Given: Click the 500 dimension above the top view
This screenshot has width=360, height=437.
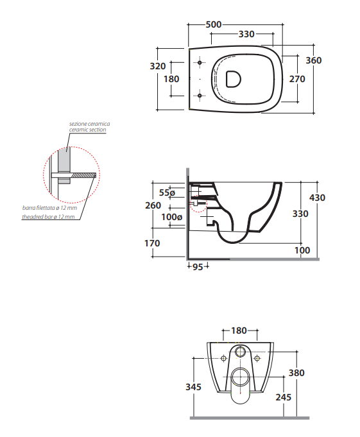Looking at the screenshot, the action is click(x=214, y=24).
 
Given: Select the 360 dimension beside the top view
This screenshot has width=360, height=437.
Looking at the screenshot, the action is click(x=313, y=60).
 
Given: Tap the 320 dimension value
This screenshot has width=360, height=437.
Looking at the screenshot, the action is click(x=158, y=66).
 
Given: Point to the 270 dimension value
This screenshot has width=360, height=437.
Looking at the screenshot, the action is click(x=297, y=79).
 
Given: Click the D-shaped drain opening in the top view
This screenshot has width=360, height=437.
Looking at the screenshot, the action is click(x=233, y=79).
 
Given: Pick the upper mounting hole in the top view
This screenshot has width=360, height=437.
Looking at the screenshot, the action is click(x=200, y=62).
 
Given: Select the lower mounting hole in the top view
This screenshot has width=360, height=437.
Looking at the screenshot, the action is click(x=200, y=96).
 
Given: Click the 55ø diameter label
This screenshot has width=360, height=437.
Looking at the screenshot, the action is click(x=167, y=193).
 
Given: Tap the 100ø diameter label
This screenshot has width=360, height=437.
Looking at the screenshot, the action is click(x=171, y=216).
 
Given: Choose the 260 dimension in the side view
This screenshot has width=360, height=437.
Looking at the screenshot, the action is click(x=153, y=205).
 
